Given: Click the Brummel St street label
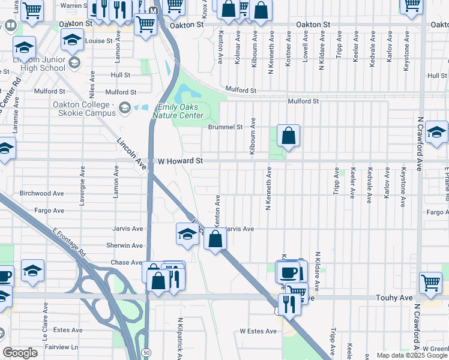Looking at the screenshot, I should point(225,127).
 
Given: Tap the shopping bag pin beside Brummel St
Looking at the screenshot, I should point(289,137).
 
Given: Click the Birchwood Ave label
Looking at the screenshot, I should point(41,194).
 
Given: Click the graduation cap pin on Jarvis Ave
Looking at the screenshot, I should point(187,235).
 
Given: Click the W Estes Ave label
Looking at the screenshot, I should point(258,331).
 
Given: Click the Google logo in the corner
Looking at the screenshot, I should point(20,353).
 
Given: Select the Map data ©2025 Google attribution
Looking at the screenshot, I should point(412,355).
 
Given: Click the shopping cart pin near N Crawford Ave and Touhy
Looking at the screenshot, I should point(430,283).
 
